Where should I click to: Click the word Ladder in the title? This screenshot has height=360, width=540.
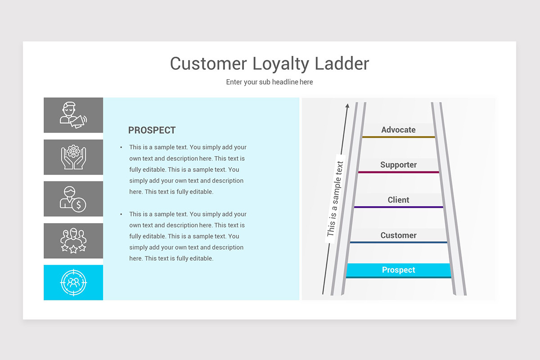[342, 63]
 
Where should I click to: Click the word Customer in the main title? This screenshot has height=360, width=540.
[209, 63]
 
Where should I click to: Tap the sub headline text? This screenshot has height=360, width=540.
[269, 82]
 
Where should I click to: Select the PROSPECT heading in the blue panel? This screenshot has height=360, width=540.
[152, 130]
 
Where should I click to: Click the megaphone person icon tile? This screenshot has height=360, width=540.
[73, 115]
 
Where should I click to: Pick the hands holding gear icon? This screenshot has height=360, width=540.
[73, 157]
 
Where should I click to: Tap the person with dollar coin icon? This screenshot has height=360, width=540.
[73, 199]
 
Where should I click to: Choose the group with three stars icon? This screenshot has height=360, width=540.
[73, 241]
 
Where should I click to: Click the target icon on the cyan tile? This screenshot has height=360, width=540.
[73, 283]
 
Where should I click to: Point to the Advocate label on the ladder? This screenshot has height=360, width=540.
[398, 130]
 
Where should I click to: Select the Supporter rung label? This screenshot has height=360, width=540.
[398, 165]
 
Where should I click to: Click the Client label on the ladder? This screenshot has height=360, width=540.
[398, 200]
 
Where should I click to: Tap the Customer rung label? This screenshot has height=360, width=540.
[398, 235]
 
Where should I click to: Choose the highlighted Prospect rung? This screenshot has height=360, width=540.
[398, 270]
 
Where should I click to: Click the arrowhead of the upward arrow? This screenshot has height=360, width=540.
[347, 106]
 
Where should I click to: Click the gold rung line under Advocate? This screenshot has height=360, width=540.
[398, 137]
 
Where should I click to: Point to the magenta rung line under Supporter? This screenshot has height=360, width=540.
[398, 172]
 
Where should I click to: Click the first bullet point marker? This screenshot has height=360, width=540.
[121, 147]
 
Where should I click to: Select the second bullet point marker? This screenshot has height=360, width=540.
[121, 214]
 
